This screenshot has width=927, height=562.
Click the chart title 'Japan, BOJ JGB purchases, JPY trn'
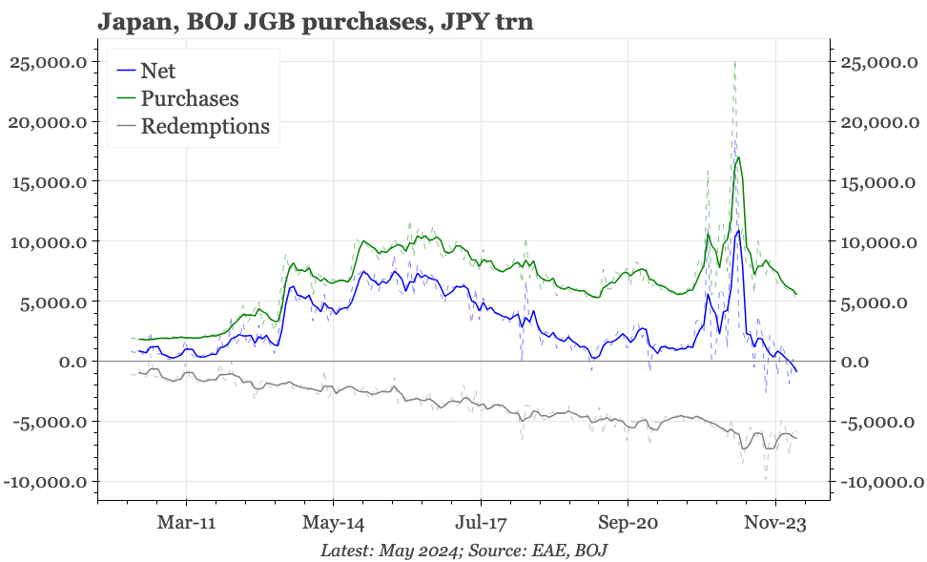point(315,21)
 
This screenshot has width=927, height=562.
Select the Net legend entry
point(157,70)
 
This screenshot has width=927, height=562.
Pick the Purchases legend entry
point(189,98)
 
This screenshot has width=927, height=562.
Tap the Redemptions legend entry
point(204,127)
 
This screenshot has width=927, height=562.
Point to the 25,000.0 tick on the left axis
point(49,62)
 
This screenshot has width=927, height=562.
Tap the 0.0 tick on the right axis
point(855,362)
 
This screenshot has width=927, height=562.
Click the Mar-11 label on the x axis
point(187,524)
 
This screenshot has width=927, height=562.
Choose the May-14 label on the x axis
point(334,524)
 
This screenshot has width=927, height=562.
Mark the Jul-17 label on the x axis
point(481,524)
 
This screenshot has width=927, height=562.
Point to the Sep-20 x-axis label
point(628,524)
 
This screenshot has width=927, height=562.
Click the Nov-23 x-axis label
point(775,524)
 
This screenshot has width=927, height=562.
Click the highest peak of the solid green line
point(738,157)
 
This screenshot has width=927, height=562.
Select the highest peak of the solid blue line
point(738,231)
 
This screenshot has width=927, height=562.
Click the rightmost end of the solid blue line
point(797,372)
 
